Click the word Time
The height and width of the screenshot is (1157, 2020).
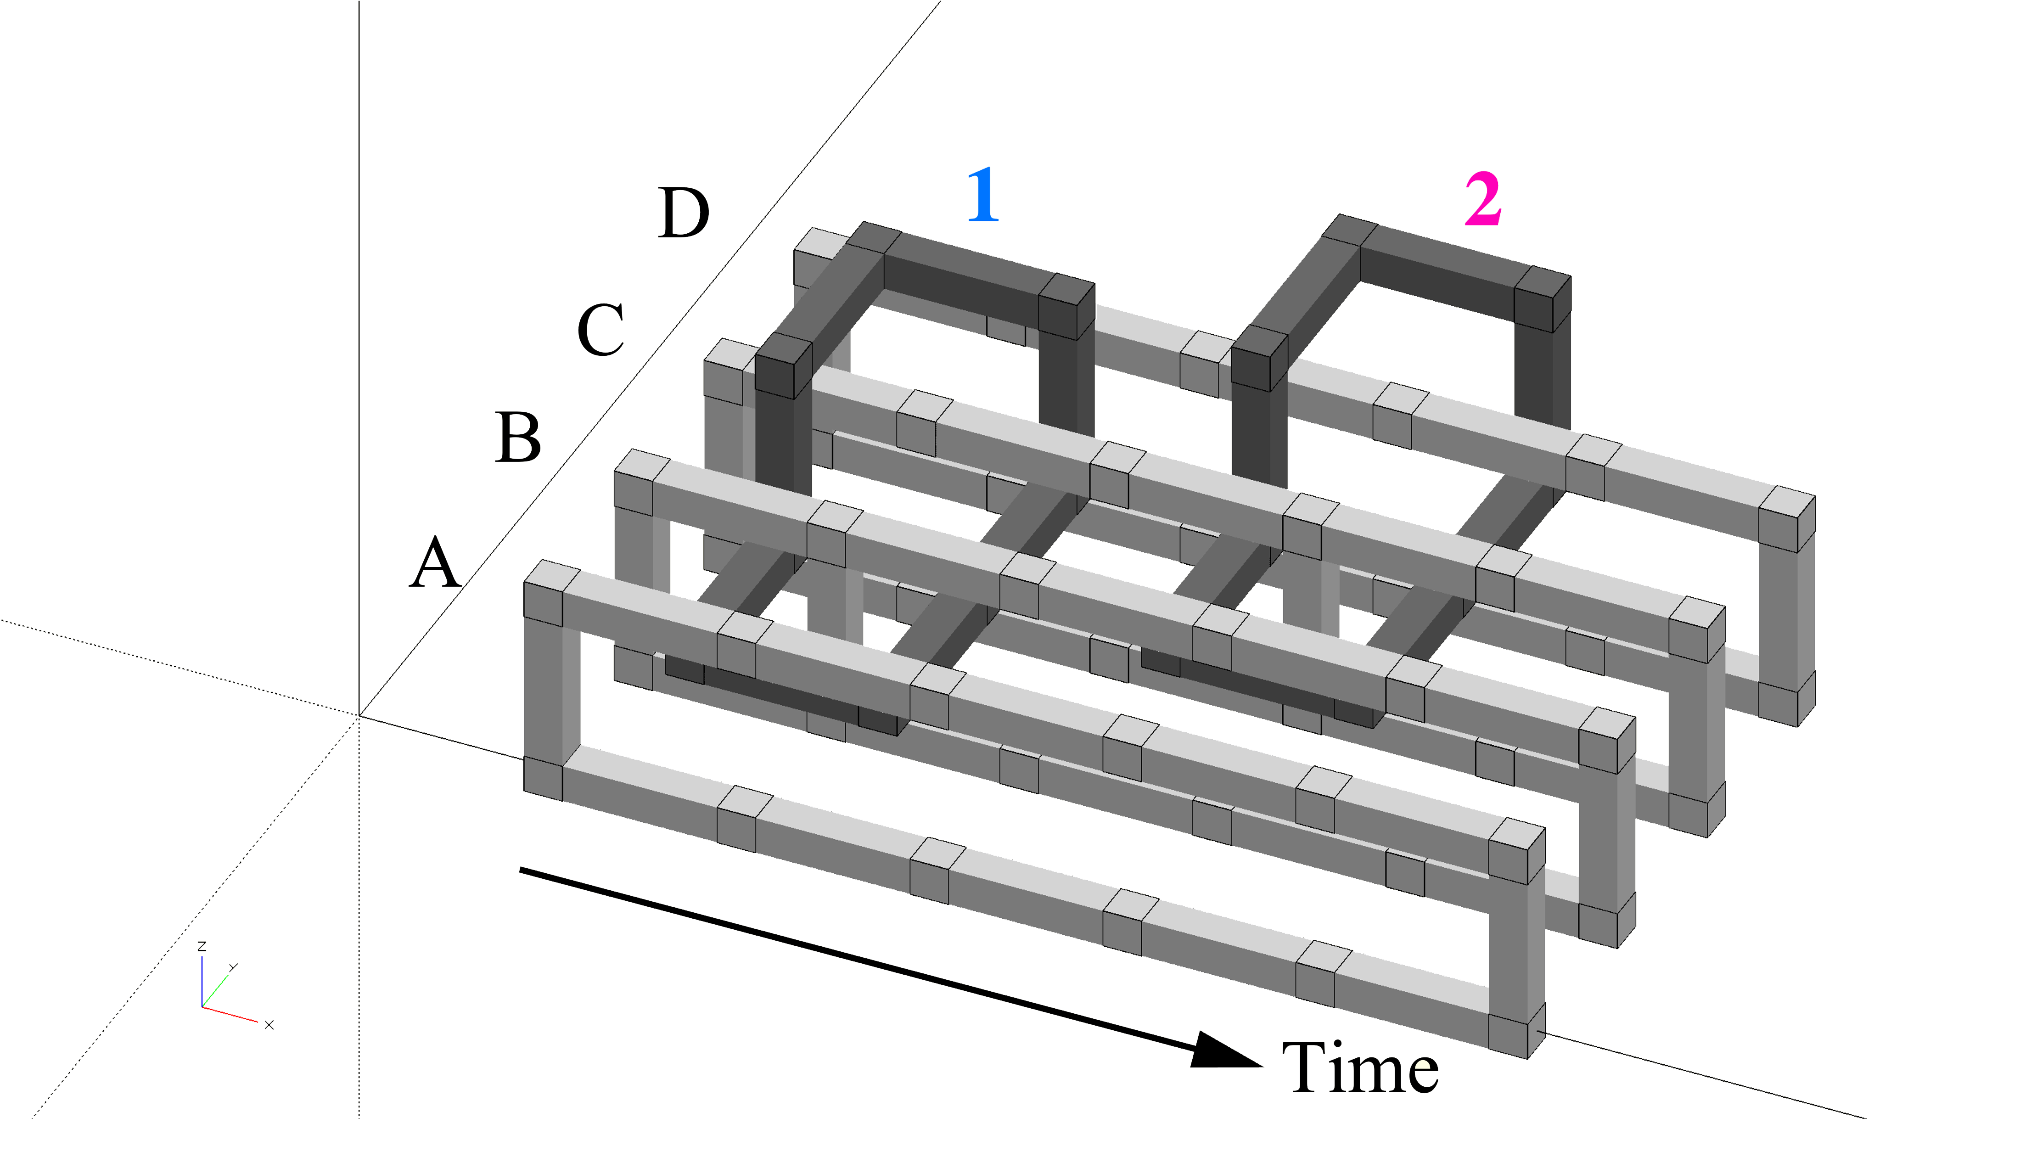coord(1360,1069)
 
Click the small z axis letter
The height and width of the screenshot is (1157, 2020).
coord(202,946)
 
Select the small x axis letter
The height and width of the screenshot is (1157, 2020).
coord(269,1025)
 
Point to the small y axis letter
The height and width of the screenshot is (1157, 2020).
coord(233,967)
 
